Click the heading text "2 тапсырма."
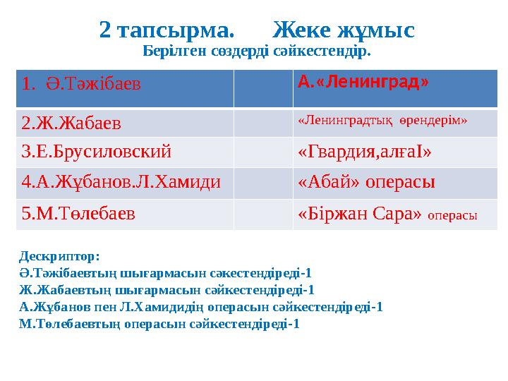[167, 30]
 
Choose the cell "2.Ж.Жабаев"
[71, 123]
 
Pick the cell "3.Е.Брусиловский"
[96, 152]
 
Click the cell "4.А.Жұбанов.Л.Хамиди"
[121, 182]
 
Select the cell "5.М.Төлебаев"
[79, 213]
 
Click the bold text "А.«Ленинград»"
[363, 82]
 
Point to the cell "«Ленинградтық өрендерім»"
[382, 121]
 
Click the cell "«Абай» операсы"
[366, 182]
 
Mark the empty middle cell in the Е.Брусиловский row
[262, 152]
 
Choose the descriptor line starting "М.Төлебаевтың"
[159, 324]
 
